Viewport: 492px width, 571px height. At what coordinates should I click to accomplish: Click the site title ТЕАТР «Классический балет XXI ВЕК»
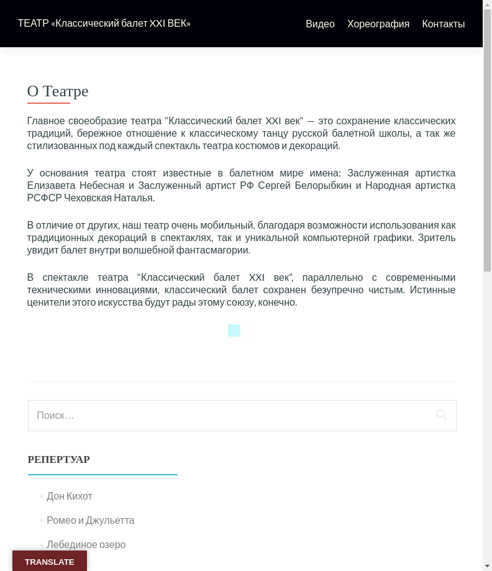click(x=104, y=24)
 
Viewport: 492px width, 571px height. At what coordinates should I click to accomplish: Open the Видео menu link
click(x=320, y=24)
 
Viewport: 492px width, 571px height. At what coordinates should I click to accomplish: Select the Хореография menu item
click(x=378, y=24)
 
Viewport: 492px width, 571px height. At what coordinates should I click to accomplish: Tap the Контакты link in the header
click(x=443, y=24)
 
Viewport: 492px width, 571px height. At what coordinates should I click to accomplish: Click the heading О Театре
click(x=58, y=91)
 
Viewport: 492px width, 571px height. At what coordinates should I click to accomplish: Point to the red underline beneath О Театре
click(x=48, y=103)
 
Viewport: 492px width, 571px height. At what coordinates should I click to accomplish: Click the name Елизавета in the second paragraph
click(x=52, y=185)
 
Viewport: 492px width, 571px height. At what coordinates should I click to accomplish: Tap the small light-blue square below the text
click(x=234, y=331)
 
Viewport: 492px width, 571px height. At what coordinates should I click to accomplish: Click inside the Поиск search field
click(x=230, y=416)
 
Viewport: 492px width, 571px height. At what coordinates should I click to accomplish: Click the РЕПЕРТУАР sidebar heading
click(x=59, y=460)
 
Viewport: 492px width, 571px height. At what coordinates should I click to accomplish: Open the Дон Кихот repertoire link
click(x=70, y=496)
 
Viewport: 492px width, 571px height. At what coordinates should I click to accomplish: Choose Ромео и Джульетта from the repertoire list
click(x=91, y=521)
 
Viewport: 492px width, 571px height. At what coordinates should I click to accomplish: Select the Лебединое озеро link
click(x=86, y=545)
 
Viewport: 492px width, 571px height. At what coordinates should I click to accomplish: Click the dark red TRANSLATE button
click(x=50, y=562)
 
